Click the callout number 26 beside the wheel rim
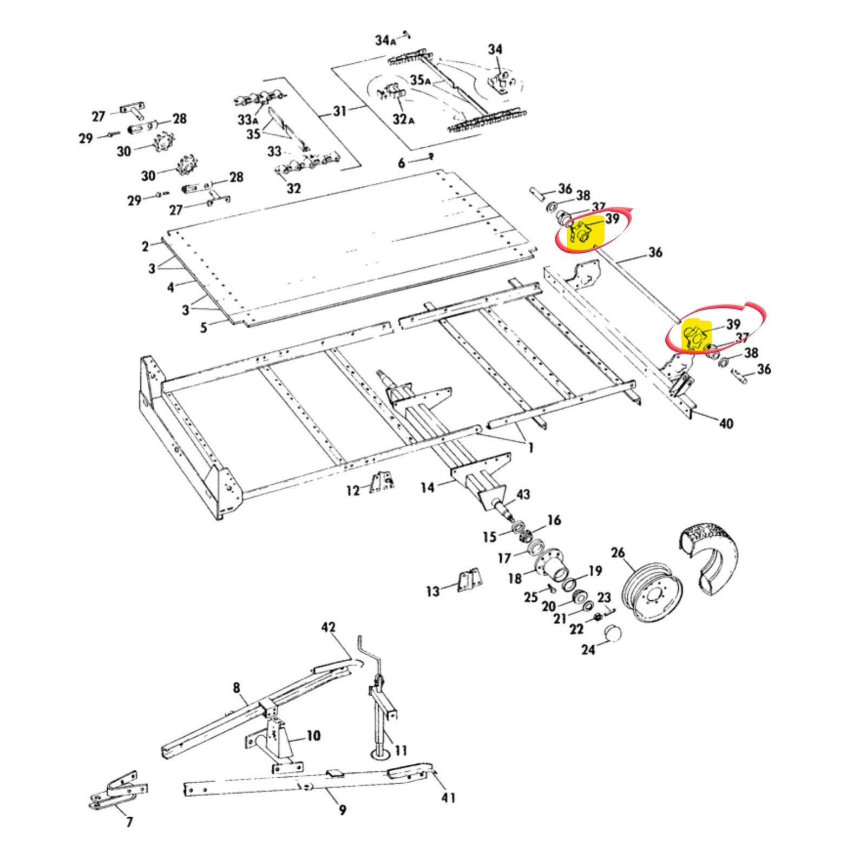click(x=618, y=553)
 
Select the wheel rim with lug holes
click(x=652, y=594)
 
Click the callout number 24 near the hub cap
click(x=588, y=648)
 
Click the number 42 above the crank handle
click(x=328, y=628)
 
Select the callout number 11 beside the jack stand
click(x=401, y=751)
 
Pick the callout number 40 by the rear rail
click(x=726, y=423)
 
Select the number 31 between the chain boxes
click(x=339, y=111)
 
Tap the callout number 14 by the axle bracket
click(x=428, y=488)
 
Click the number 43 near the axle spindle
click(x=523, y=494)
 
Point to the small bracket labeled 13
click(x=468, y=582)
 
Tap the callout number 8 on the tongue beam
click(x=237, y=688)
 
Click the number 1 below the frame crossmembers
click(x=531, y=448)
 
